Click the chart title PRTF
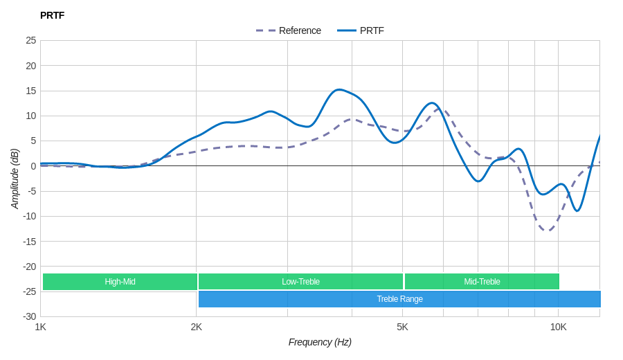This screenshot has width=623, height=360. pos(52,15)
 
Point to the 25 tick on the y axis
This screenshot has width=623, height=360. pos(31,40)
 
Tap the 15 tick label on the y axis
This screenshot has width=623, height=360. pos(31,91)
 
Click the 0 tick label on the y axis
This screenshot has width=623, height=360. pos(33,166)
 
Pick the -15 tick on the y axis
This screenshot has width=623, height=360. pos(30,242)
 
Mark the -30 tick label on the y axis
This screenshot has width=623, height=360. pos(30,316)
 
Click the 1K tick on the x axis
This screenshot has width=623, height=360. pos(41,327)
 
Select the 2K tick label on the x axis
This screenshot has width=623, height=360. pos(197,327)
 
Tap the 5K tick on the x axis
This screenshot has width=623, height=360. pos(402,327)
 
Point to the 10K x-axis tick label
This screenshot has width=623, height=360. pos(558,327)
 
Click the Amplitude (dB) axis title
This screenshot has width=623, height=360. pos(15,179)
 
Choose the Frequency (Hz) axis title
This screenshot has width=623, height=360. pos(320,342)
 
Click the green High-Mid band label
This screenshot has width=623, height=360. pos(120,282)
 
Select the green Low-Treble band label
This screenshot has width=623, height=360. pos(300,282)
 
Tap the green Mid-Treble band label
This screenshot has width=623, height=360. pos(482,282)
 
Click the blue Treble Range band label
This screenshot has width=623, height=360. pos(399,299)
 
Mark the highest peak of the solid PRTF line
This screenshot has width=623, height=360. pos(338,89)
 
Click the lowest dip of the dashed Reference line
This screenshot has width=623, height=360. pos(548,231)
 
